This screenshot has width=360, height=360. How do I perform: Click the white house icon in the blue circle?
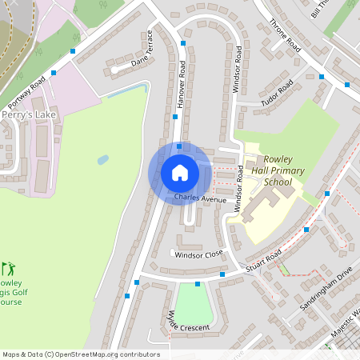(x=180, y=173)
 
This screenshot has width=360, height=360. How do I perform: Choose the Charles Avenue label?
(x=200, y=198)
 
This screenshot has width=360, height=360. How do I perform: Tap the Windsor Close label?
(x=199, y=254)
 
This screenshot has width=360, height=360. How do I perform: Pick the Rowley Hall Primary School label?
(x=266, y=170)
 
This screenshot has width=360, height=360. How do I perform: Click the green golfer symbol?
(x=8, y=269)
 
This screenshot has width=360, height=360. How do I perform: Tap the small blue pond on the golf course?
(x=102, y=160)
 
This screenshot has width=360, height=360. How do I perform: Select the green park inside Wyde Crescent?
(x=194, y=305)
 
